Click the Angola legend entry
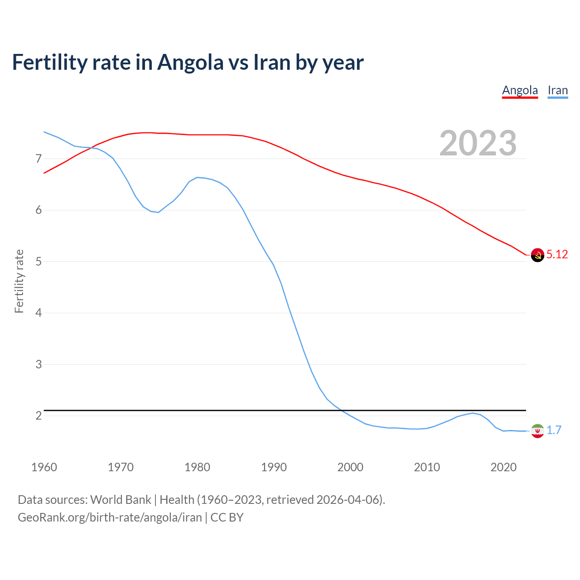pos(520,90)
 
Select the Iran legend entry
pos(557,90)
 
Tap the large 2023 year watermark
pos(478,143)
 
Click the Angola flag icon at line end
pos(537,255)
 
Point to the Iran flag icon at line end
pos(537,431)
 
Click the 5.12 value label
pos(557,255)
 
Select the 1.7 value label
pos(554,430)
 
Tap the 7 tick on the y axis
pos(39,159)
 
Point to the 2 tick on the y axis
pos(39,416)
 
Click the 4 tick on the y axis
pos(39,313)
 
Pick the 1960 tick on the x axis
pos(44,467)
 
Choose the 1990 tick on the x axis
pos(274,467)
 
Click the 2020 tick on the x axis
pos(503,467)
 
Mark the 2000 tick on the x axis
pos(350,467)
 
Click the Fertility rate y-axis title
pos(19,281)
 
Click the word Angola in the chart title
pos(190,63)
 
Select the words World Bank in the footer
pos(121,500)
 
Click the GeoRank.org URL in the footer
pos(110,517)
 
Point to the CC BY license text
pos(227,517)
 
